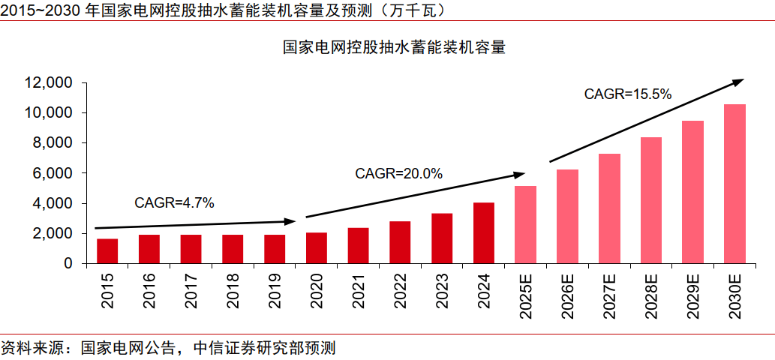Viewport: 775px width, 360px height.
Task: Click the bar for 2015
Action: point(107,251)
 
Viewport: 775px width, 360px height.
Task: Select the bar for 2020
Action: point(317,248)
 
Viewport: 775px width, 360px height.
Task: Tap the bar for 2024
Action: point(484,233)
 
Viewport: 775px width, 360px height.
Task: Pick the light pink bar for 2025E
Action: point(526,225)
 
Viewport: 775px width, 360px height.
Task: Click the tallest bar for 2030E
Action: point(734,184)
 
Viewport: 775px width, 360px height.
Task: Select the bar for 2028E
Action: point(651,200)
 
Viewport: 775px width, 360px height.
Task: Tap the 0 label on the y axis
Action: point(68,264)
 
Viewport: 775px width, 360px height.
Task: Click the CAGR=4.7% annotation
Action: point(174,202)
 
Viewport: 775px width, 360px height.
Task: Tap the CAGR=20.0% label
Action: point(398,174)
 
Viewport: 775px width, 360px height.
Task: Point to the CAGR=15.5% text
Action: point(627,94)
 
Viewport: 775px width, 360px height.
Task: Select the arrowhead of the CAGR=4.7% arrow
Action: point(291,221)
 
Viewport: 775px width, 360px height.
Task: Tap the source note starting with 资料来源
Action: point(168,349)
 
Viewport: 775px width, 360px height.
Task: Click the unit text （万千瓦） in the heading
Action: point(416,10)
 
